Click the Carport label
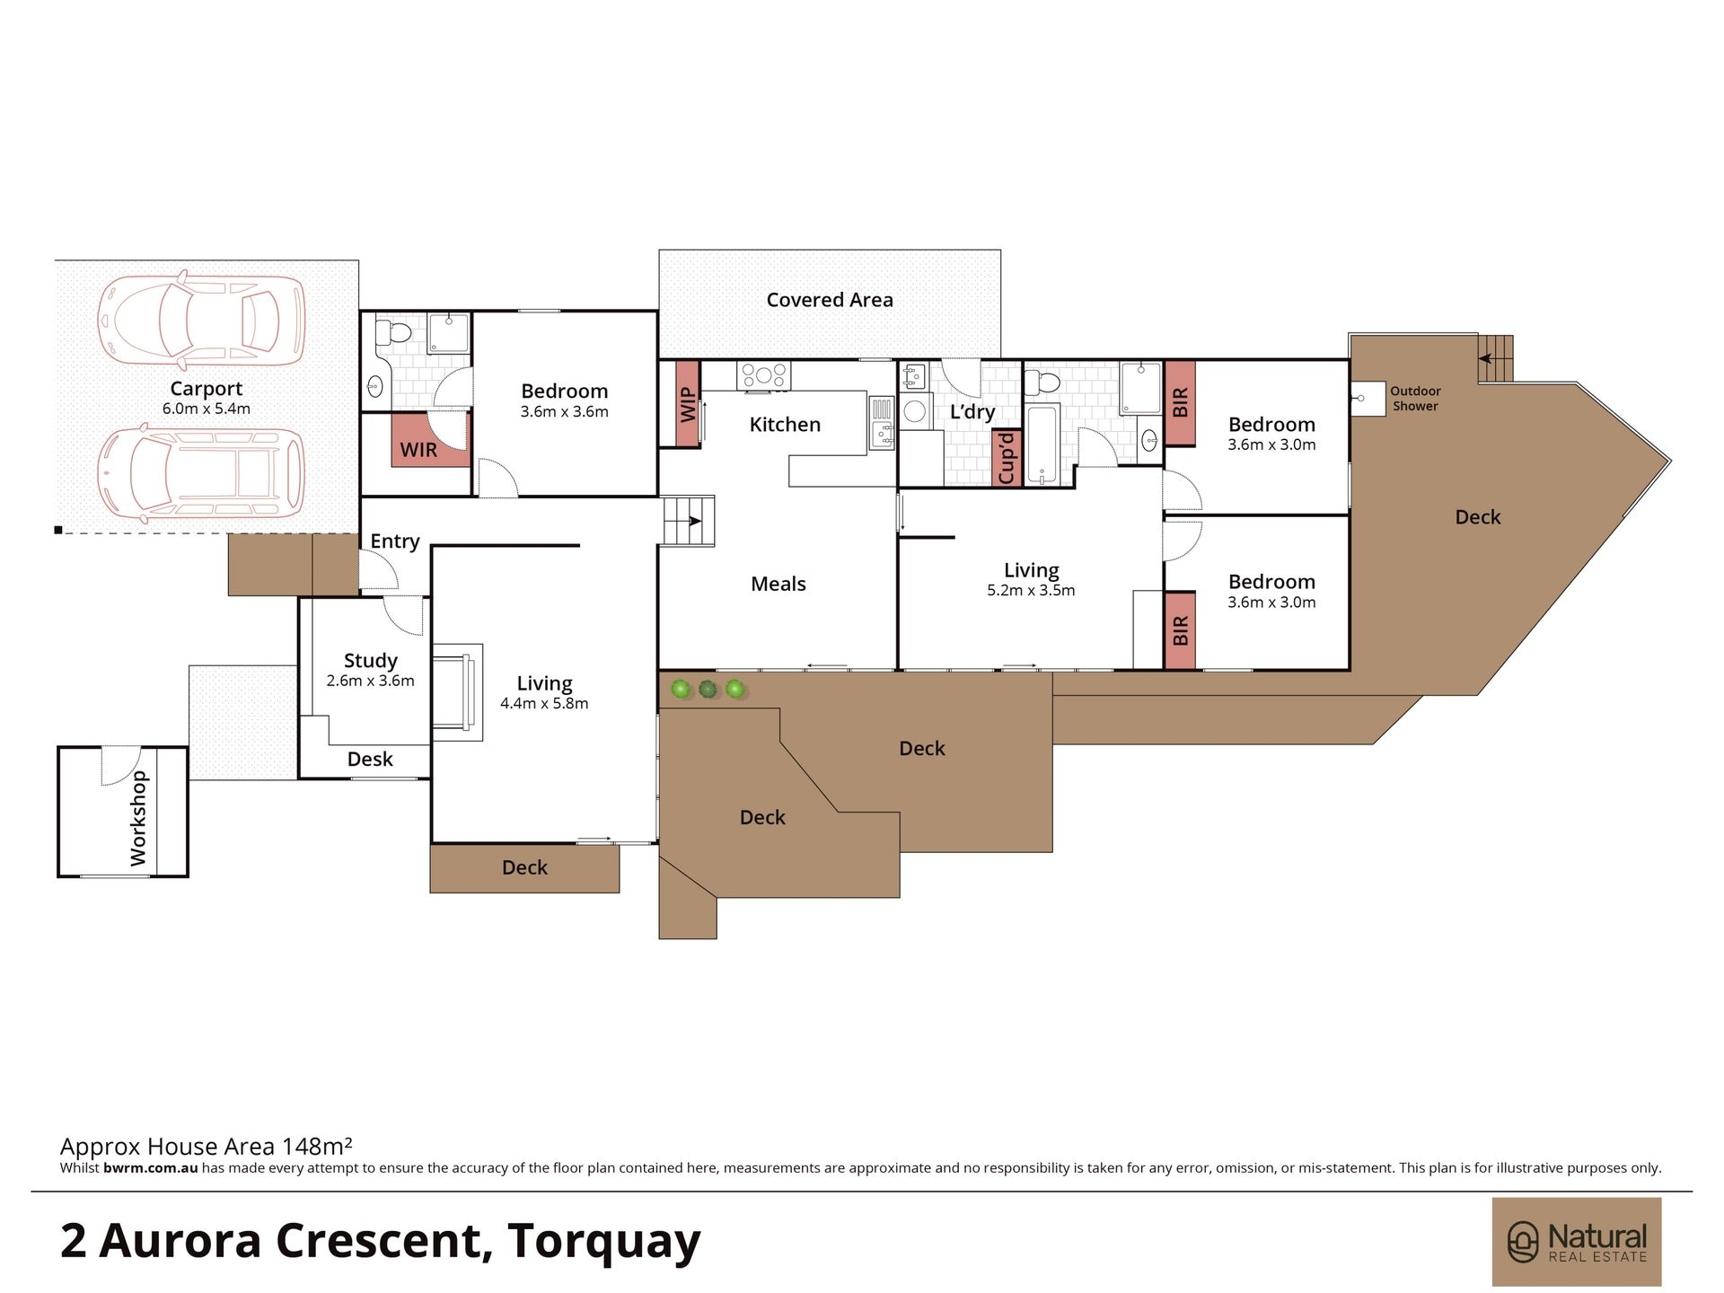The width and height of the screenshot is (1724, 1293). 207,389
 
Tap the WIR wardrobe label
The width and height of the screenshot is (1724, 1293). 418,450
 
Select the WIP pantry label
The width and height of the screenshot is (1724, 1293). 688,404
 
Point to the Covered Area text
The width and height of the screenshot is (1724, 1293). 830,300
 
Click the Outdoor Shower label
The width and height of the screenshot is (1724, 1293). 1415,399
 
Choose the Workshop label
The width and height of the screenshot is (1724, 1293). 138,818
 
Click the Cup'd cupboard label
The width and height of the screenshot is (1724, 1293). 1007,458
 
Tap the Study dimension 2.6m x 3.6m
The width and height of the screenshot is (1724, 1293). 371,681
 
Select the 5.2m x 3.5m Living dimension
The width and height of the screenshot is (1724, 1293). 1031,590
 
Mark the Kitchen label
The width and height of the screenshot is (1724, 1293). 785,425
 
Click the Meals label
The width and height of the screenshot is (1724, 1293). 778,584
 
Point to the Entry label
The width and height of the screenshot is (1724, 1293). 395,541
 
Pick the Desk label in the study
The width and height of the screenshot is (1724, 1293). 370,759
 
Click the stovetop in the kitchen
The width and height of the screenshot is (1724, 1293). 764,375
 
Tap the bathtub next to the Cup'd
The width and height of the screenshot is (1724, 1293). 1042,446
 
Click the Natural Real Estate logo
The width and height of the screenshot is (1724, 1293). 1577,1242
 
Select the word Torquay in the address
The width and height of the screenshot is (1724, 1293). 604,1242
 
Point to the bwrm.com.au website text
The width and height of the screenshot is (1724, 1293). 151,1168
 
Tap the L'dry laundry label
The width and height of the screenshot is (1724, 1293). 972,412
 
